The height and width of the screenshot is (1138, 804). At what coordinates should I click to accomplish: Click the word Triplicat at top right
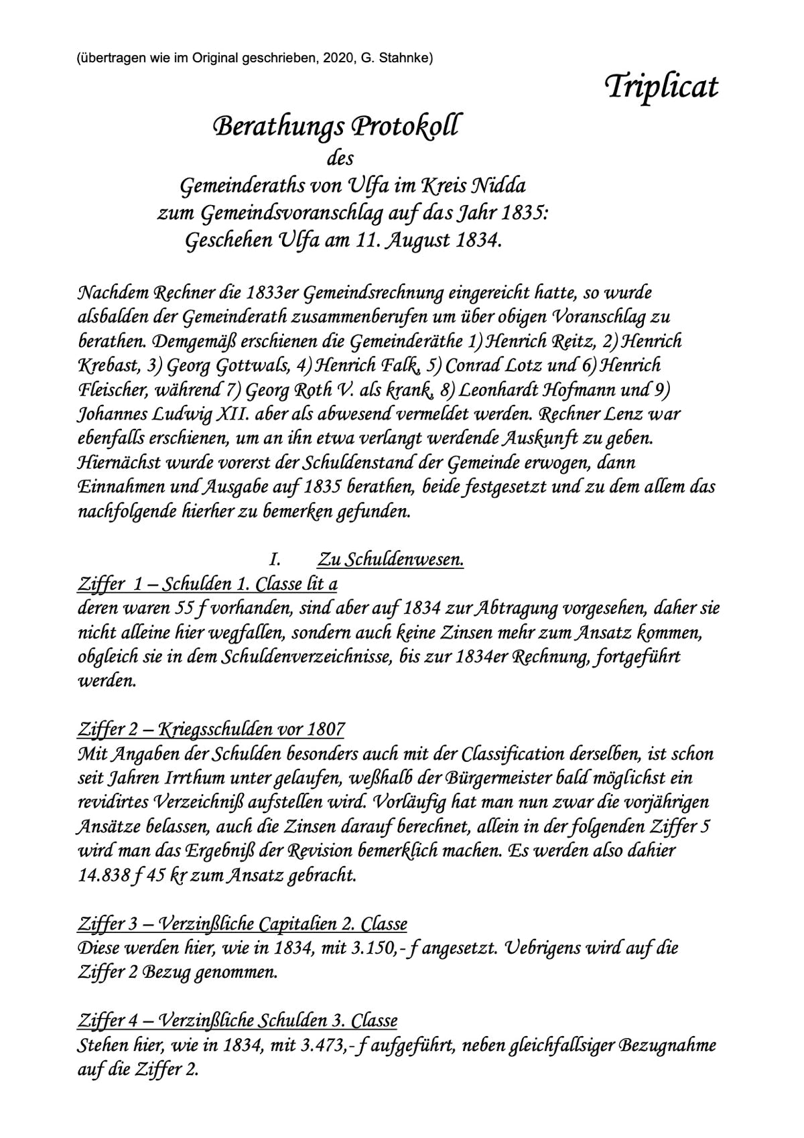click(x=661, y=87)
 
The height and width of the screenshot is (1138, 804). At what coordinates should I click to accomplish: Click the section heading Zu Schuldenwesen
click(x=391, y=559)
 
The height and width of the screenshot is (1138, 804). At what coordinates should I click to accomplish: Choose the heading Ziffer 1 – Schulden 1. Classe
click(x=208, y=584)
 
